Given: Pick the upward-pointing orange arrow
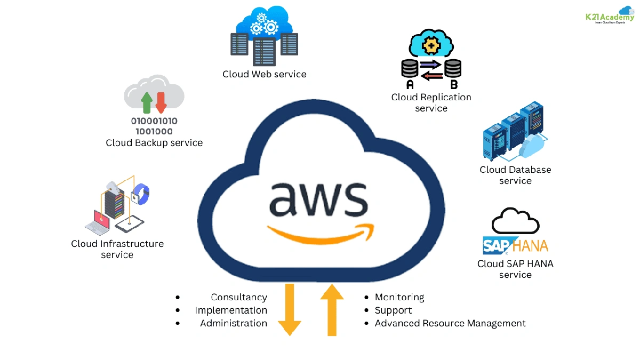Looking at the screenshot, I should tap(332, 309).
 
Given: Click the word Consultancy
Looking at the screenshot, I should tap(239, 297).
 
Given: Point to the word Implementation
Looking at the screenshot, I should tap(231, 310).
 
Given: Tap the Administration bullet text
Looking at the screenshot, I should tap(234, 323).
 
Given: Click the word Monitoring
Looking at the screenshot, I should tap(399, 297).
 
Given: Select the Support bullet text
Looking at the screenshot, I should tap(393, 310).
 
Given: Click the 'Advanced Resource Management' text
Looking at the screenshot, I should tap(450, 323).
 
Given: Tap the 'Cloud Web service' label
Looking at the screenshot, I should tap(265, 74).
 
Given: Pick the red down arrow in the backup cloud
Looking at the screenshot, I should tap(161, 102).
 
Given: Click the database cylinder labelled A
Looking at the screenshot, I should tap(410, 68).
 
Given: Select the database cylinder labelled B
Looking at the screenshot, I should tap(453, 68).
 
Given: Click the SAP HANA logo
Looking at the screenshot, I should tap(515, 246).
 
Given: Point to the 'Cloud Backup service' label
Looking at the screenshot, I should tap(154, 143).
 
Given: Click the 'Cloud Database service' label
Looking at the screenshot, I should tap(515, 175).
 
